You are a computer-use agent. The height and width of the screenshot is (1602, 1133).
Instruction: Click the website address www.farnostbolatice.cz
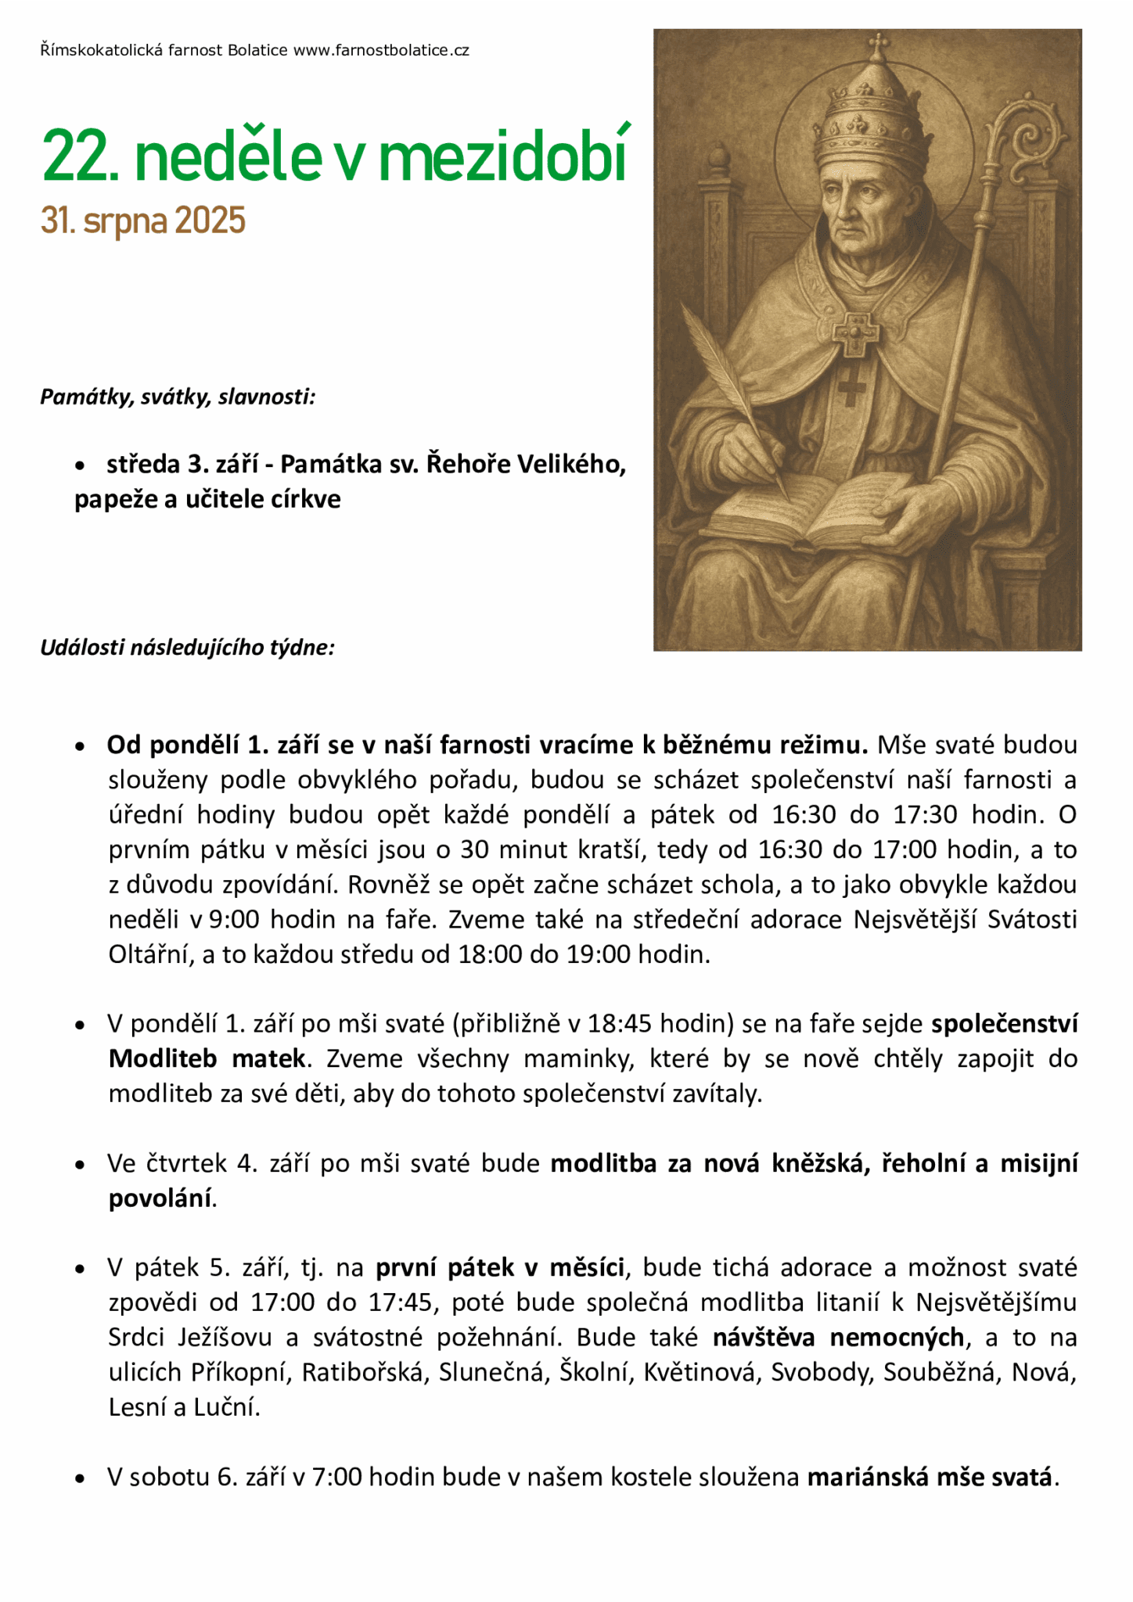[x=381, y=51]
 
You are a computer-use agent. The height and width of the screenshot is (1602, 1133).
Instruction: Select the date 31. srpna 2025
[x=143, y=221]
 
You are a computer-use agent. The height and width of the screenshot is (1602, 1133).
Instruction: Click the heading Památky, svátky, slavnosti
[x=178, y=397]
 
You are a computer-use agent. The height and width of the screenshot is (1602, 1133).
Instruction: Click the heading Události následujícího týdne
[x=187, y=648]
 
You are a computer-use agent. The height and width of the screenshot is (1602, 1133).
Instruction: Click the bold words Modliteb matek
[x=207, y=1059]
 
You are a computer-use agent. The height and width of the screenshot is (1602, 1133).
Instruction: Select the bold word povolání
[x=160, y=1198]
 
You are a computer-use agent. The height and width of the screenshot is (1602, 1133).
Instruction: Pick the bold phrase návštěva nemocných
[x=838, y=1338]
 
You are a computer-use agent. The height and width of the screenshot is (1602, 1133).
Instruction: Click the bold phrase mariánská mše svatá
[x=930, y=1478]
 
